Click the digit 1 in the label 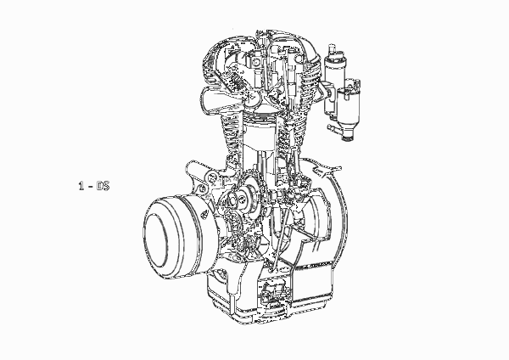point(81,186)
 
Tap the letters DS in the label point(103,186)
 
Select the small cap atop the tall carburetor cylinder point(332,50)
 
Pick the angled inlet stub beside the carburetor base point(333,128)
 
